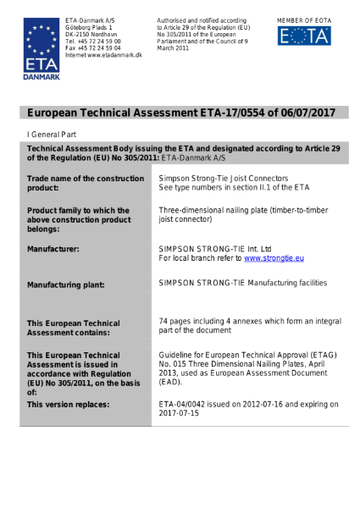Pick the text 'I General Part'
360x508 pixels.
(49, 135)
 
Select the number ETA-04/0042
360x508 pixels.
(183, 404)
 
